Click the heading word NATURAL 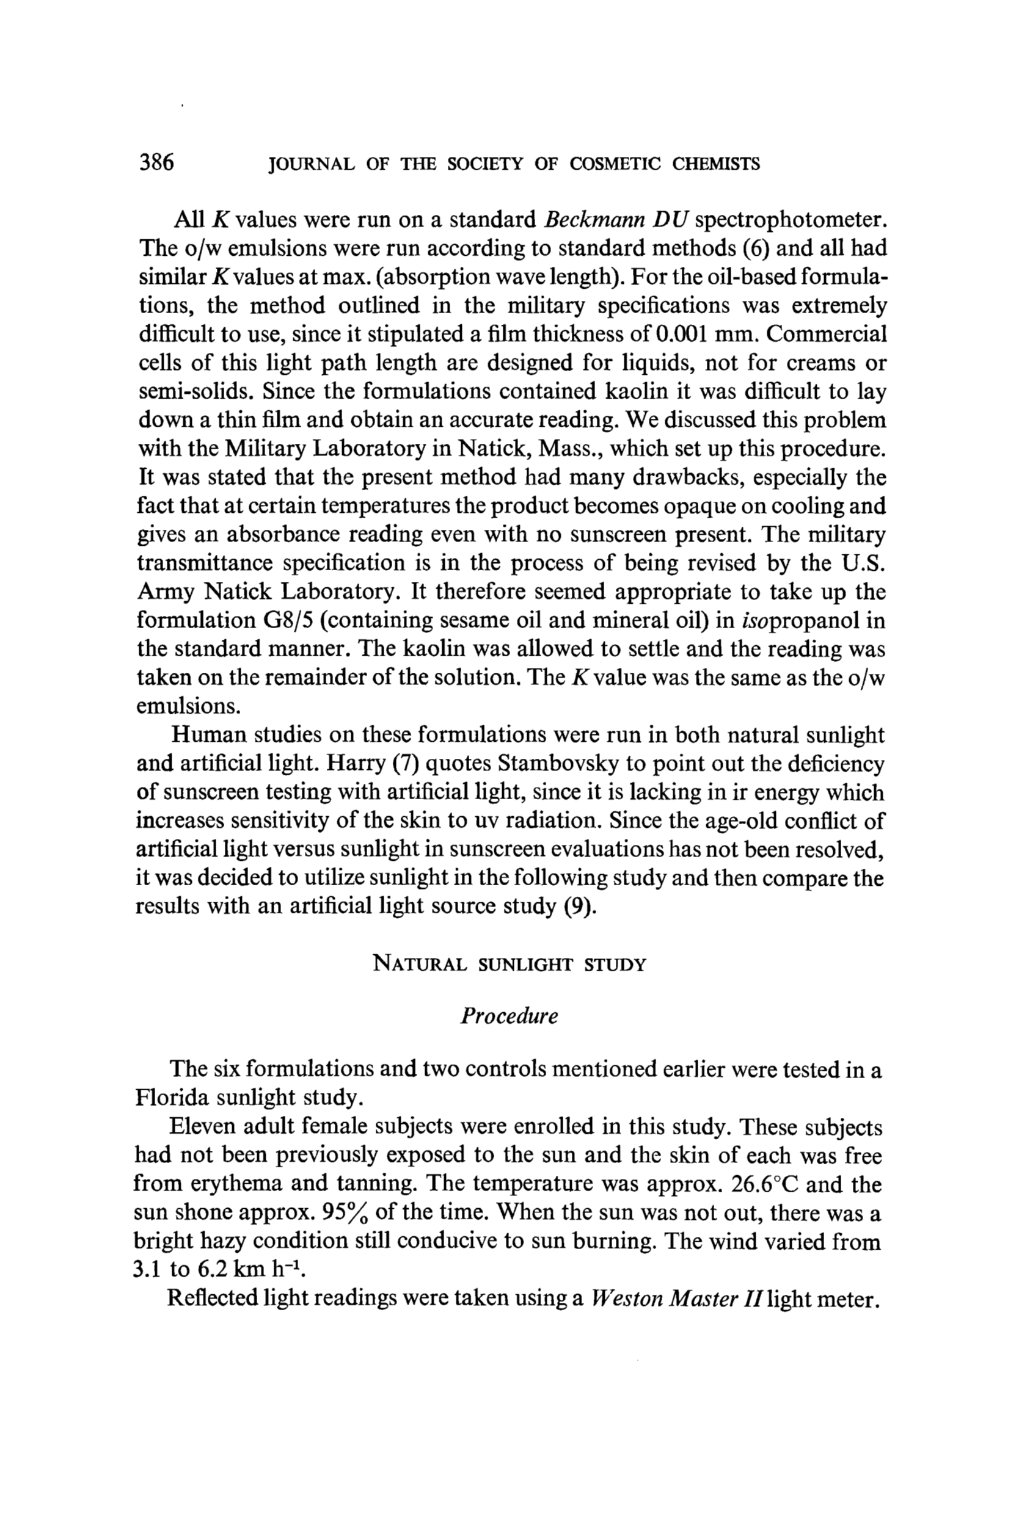coord(420,965)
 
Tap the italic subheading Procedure coord(509,1016)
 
